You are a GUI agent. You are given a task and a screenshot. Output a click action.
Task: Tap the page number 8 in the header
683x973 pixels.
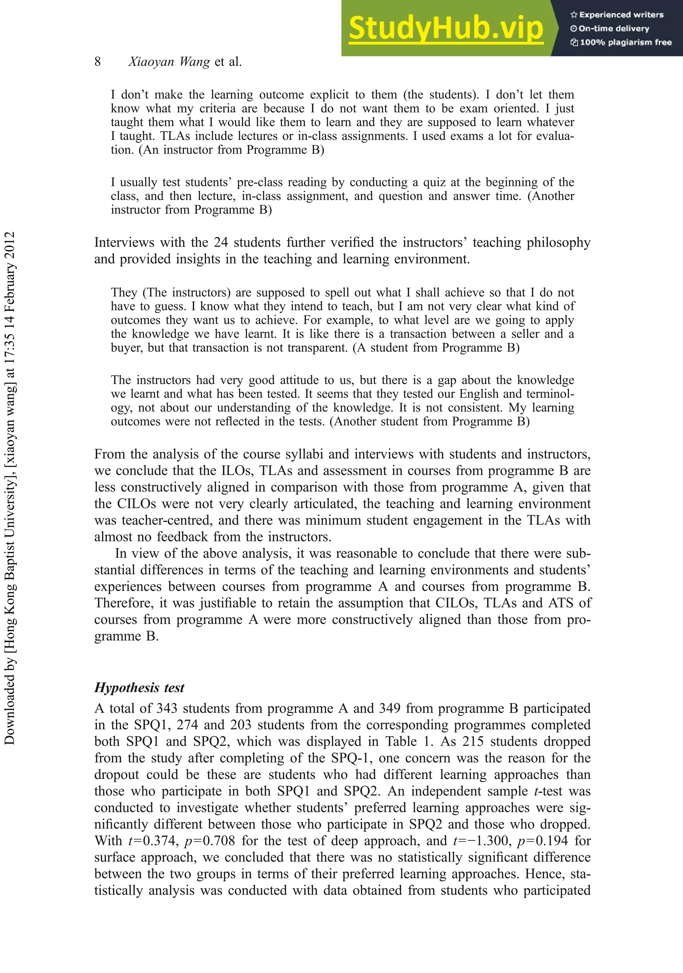click(x=97, y=62)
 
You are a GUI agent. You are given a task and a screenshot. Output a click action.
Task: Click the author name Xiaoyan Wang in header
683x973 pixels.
click(x=169, y=62)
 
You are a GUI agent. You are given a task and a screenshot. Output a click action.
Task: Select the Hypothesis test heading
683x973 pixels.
click(x=139, y=687)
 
